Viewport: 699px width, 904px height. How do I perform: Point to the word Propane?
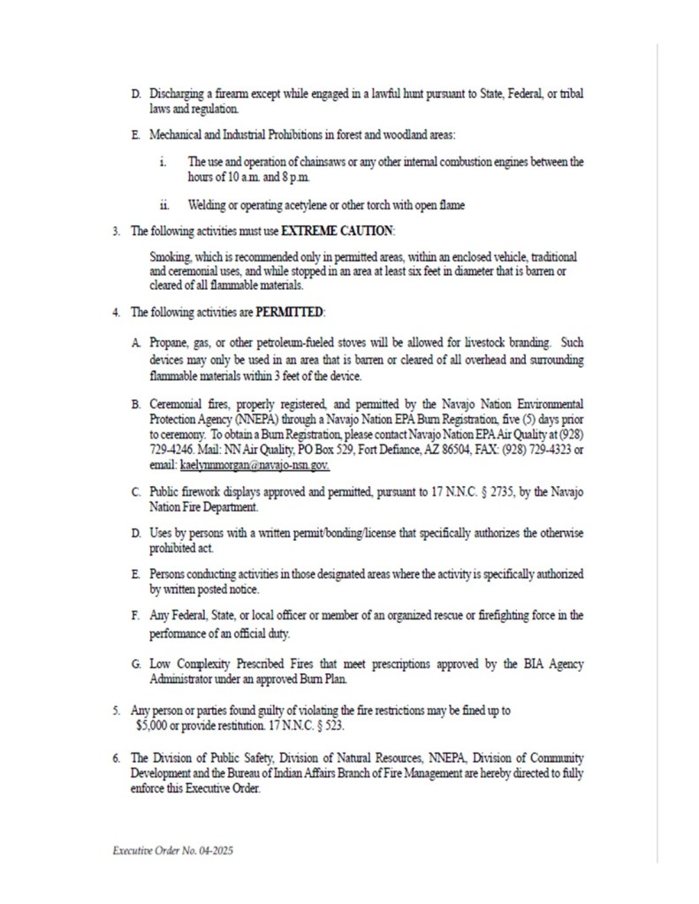pos(171,341)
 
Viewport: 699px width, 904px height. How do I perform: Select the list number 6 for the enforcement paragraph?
pos(115,759)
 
